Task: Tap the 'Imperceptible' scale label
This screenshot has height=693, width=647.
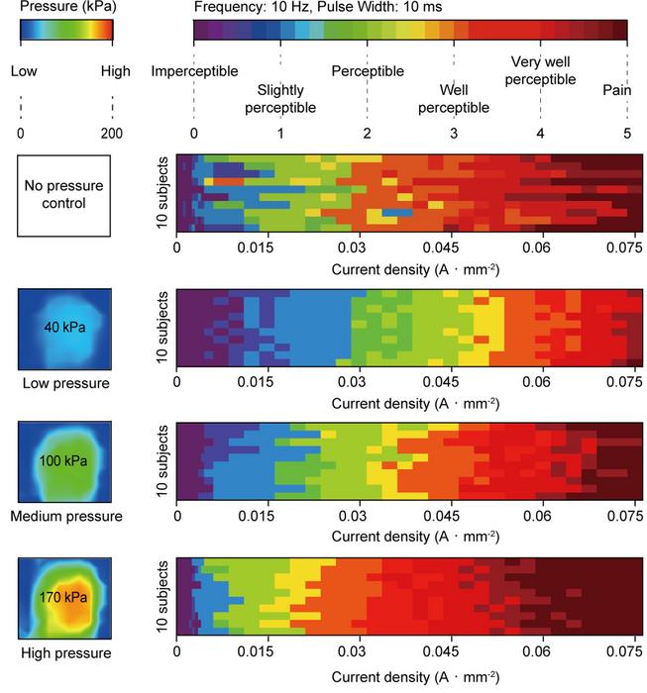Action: (x=193, y=71)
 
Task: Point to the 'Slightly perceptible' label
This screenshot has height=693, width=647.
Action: (x=280, y=99)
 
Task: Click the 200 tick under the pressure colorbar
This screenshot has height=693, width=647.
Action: (x=113, y=133)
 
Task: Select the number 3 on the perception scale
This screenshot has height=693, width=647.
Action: (x=454, y=133)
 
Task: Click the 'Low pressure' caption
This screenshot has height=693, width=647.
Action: (x=65, y=382)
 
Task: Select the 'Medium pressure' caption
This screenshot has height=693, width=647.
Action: (x=65, y=517)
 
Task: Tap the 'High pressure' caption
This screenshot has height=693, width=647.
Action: (x=65, y=652)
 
